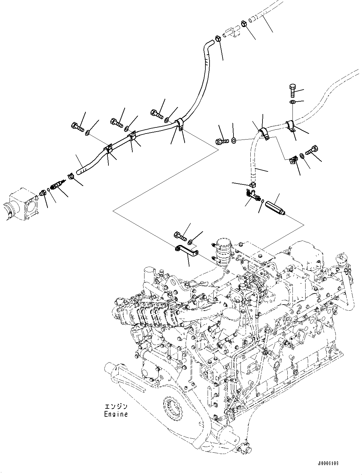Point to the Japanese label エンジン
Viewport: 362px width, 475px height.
(x=116, y=407)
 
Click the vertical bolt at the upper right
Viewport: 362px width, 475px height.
(x=292, y=90)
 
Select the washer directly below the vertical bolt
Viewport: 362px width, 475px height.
(x=292, y=102)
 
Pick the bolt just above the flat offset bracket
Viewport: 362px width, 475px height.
(x=180, y=236)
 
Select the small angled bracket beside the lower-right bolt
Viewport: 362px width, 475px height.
(x=293, y=160)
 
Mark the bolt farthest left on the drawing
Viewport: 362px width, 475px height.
(x=78, y=126)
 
